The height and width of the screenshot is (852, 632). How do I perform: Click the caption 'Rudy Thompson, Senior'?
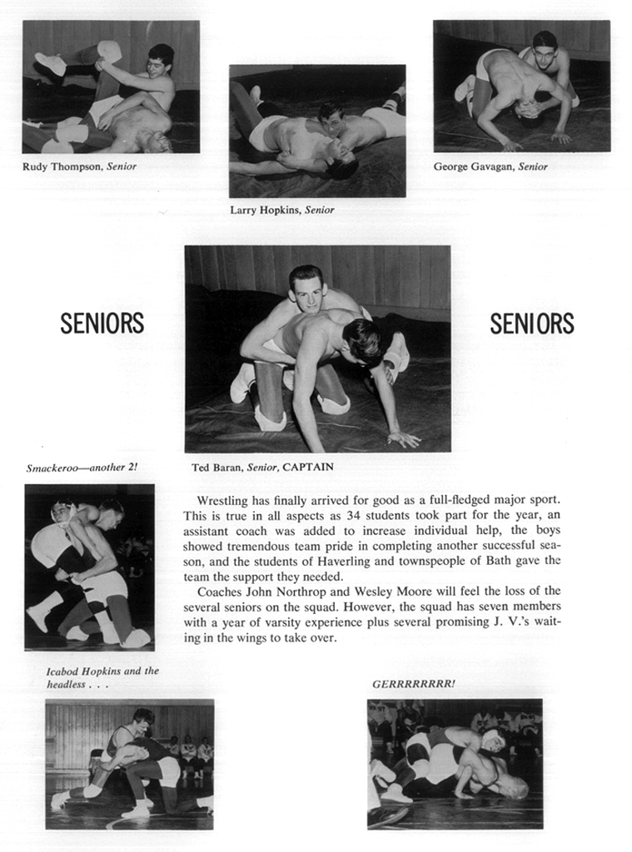(80, 166)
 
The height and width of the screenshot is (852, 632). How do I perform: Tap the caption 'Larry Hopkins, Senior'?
(282, 210)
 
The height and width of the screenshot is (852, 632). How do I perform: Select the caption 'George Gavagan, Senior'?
(490, 166)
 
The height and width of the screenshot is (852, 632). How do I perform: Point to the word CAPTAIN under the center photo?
(307, 468)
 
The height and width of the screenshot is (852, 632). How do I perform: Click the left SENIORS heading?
(102, 324)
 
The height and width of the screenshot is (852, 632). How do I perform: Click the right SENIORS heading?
(531, 324)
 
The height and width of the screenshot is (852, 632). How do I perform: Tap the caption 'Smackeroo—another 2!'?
(82, 468)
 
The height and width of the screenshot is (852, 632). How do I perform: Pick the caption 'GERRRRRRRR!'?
(414, 684)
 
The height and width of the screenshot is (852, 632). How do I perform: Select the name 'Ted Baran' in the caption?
(214, 468)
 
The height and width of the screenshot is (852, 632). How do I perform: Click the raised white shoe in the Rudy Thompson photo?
(51, 63)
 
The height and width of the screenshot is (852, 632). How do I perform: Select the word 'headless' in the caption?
(64, 684)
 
